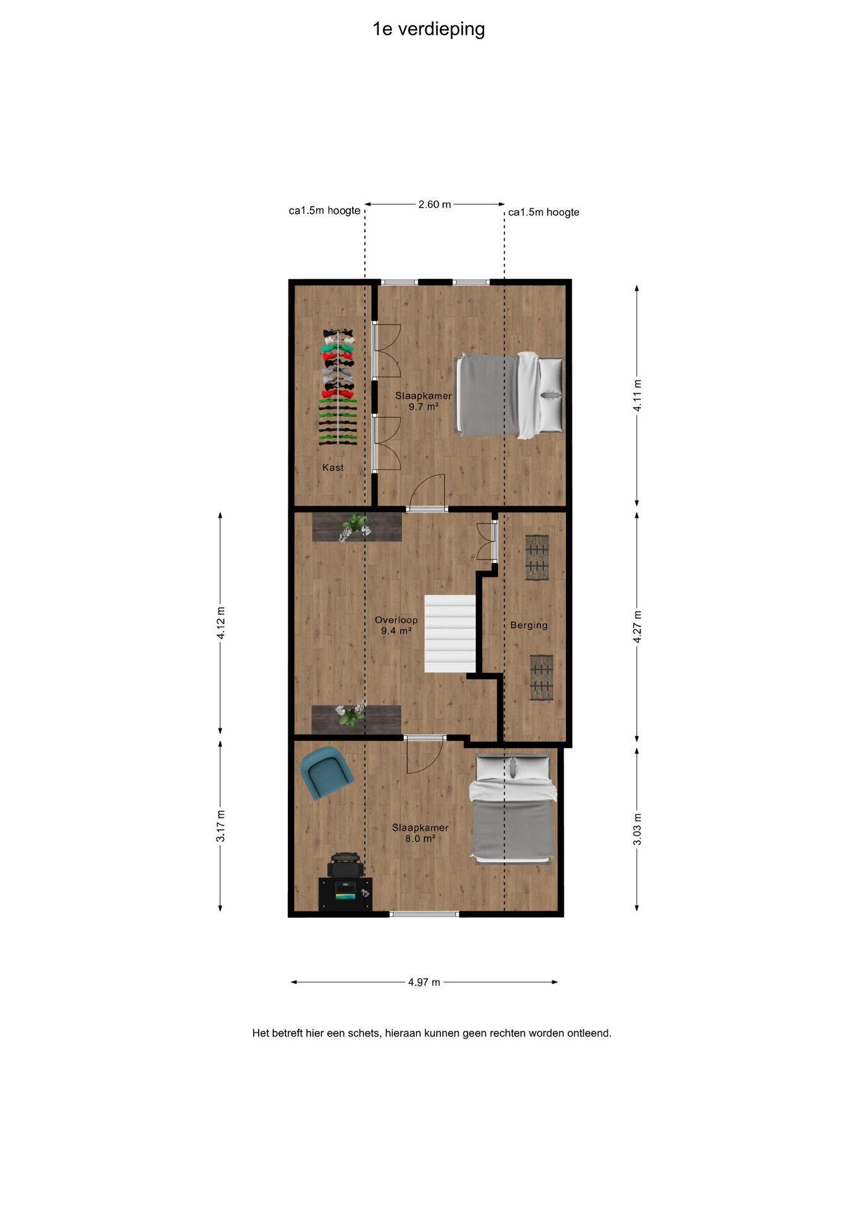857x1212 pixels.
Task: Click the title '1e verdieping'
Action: point(428,30)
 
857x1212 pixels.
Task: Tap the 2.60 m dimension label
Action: point(434,205)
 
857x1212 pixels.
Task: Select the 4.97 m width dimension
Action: point(424,982)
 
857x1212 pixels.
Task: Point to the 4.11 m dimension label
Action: point(637,395)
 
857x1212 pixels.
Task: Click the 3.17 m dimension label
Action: point(221,826)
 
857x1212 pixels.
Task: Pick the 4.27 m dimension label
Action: point(637,627)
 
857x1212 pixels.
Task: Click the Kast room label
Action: point(333,468)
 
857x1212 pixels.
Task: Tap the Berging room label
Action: point(529,626)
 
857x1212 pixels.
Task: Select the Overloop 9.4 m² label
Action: point(396,626)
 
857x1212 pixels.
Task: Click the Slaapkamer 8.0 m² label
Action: point(420,833)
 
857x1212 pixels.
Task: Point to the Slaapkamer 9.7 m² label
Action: point(423,401)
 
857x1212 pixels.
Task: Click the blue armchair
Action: point(326,773)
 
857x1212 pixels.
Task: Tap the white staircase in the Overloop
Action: point(450,634)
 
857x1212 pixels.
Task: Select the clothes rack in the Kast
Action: point(339,387)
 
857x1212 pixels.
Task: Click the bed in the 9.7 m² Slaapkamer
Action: point(510,395)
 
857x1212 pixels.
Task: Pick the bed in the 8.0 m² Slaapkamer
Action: point(513,809)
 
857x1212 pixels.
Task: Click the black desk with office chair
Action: point(345,882)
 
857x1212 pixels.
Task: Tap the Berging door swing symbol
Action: point(487,542)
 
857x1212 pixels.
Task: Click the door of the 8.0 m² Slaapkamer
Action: point(424,755)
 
